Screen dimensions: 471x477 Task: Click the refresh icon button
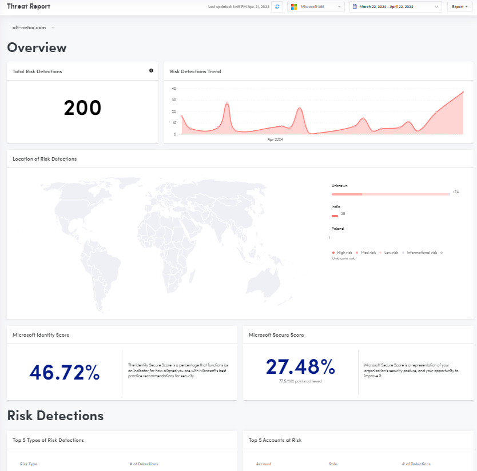tap(277, 7)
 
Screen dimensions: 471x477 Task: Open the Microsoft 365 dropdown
tap(316, 7)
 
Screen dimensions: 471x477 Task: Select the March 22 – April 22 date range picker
tap(396, 7)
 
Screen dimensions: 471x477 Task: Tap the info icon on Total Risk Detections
tap(151, 71)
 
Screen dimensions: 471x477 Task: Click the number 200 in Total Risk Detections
tap(82, 108)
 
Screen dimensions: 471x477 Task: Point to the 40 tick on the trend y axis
tap(174, 89)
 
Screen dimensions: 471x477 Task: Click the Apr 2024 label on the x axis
tap(275, 139)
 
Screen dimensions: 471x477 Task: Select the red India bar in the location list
tap(335, 215)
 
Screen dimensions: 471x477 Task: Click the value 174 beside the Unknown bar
tap(456, 192)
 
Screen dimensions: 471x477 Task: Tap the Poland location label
tap(338, 228)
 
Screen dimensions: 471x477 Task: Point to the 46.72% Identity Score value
tap(65, 372)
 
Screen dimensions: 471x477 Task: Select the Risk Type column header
tap(29, 464)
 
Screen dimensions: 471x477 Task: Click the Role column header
tap(333, 464)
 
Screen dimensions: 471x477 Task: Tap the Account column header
tap(264, 464)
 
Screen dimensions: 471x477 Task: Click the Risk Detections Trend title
tap(196, 71)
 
